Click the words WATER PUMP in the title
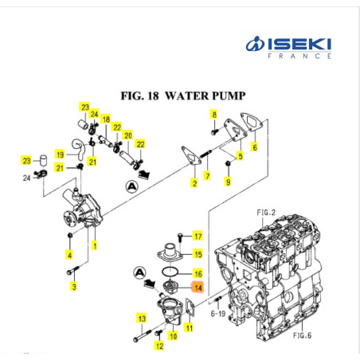pos(206,96)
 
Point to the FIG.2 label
pos(265,213)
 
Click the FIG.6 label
pos(301,335)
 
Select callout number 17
pos(198,237)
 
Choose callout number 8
pos(213,115)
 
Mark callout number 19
pos(59,154)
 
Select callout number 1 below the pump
pos(95,246)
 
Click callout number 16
pos(198,273)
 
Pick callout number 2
pos(194,185)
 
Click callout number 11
pos(190,327)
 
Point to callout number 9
pos(229,183)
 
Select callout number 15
pos(198,254)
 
